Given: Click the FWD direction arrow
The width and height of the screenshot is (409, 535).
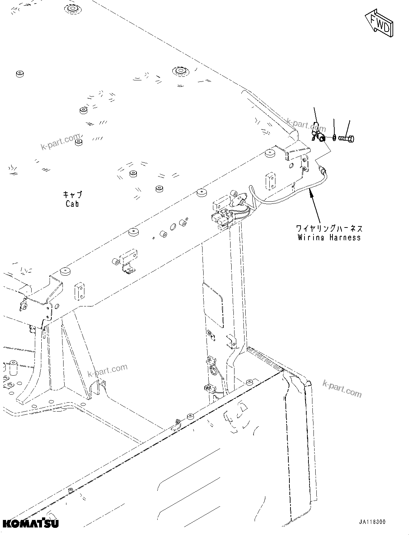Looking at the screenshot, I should [379, 23].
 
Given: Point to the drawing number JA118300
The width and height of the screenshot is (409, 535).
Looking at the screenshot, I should [371, 522].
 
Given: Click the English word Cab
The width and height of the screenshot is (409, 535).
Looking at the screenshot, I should [72, 204].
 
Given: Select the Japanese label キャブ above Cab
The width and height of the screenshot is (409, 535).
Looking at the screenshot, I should [72, 195].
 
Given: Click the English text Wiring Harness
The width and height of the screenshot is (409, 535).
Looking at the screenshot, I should [329, 238].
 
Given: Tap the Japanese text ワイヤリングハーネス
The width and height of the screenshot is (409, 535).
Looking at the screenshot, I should [329, 229].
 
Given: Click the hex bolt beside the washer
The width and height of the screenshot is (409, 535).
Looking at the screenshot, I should [346, 138].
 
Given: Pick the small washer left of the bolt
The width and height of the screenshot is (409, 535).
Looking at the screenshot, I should [334, 137].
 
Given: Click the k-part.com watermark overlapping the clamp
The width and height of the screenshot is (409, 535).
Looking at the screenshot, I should [306, 125].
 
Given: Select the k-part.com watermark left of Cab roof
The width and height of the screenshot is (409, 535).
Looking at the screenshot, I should [60, 142].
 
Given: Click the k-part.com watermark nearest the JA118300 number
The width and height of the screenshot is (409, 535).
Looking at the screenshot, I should [342, 388].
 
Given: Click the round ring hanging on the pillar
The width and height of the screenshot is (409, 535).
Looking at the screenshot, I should [212, 370].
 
